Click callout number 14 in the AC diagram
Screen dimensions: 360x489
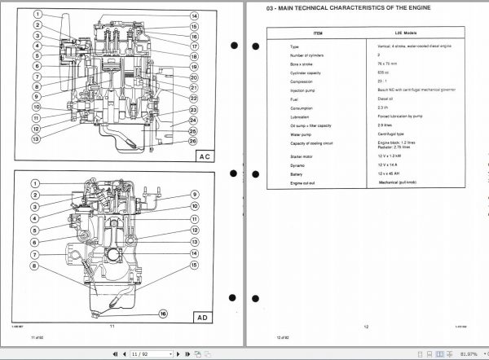[x=194, y=15]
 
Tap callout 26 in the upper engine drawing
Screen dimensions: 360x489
[x=193, y=141]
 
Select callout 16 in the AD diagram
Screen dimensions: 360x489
[x=163, y=313]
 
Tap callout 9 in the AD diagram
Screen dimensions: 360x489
[x=195, y=193]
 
